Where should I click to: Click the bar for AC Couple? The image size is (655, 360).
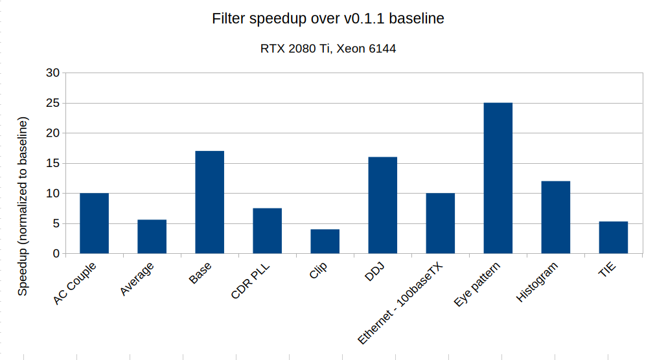tap(94, 223)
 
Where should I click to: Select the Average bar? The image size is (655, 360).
tap(152, 237)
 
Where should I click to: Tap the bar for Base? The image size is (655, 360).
tap(209, 202)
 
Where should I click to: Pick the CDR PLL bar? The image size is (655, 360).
tap(267, 231)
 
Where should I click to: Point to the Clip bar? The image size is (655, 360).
tap(325, 242)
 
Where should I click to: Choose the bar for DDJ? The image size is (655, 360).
tap(382, 205)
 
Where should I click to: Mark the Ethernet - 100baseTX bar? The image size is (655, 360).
tap(440, 223)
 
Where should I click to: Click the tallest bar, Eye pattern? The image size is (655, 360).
tap(498, 178)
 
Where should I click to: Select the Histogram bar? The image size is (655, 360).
tap(555, 218)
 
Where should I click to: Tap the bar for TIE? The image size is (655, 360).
tap(613, 238)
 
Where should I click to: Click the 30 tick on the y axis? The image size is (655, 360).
tap(52, 73)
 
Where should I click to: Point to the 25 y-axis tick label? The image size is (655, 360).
tap(52, 104)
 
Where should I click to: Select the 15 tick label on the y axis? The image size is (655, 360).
tap(52, 164)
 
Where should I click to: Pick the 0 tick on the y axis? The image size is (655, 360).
tap(56, 254)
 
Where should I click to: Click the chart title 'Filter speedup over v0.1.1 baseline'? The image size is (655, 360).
tap(328, 19)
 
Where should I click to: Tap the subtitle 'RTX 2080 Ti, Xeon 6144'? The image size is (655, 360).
tap(328, 49)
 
